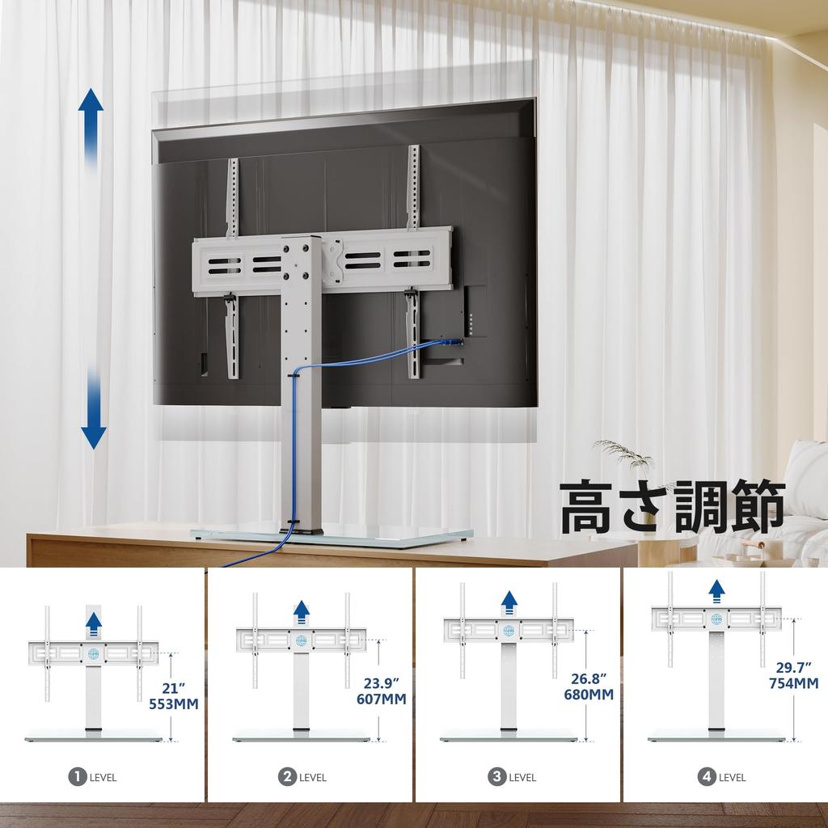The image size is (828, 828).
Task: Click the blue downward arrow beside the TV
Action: [x=94, y=408]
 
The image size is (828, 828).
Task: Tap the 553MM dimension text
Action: [x=174, y=703]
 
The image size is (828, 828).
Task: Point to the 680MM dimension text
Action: [x=589, y=695]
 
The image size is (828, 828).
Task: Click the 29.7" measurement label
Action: [x=794, y=667]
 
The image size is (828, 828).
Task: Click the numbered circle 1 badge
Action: [x=78, y=777]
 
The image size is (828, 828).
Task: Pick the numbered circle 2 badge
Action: [x=287, y=777]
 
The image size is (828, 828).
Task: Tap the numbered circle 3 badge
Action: [x=496, y=777]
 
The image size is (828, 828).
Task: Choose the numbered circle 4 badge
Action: [x=706, y=777]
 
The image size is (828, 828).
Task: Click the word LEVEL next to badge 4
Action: [x=733, y=778]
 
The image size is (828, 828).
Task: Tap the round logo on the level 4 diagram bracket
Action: [x=716, y=619]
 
